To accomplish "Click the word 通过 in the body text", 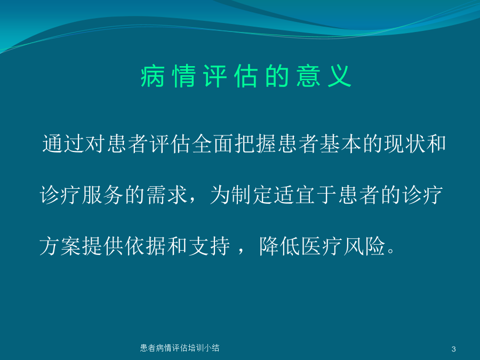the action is tap(63, 143).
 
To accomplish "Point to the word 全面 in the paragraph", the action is tap(213, 143).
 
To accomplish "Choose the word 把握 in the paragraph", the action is tap(255, 143).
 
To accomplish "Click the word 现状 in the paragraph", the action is tap(405, 143).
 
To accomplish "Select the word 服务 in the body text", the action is tap(103, 195).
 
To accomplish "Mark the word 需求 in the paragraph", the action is tap(167, 195).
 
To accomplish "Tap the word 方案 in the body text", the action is tap(61, 246).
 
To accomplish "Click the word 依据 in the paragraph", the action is tap(146, 246).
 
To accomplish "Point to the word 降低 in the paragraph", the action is tap(280, 246).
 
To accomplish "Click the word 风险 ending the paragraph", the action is tap(365, 246).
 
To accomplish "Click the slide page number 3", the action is tap(454, 349).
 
